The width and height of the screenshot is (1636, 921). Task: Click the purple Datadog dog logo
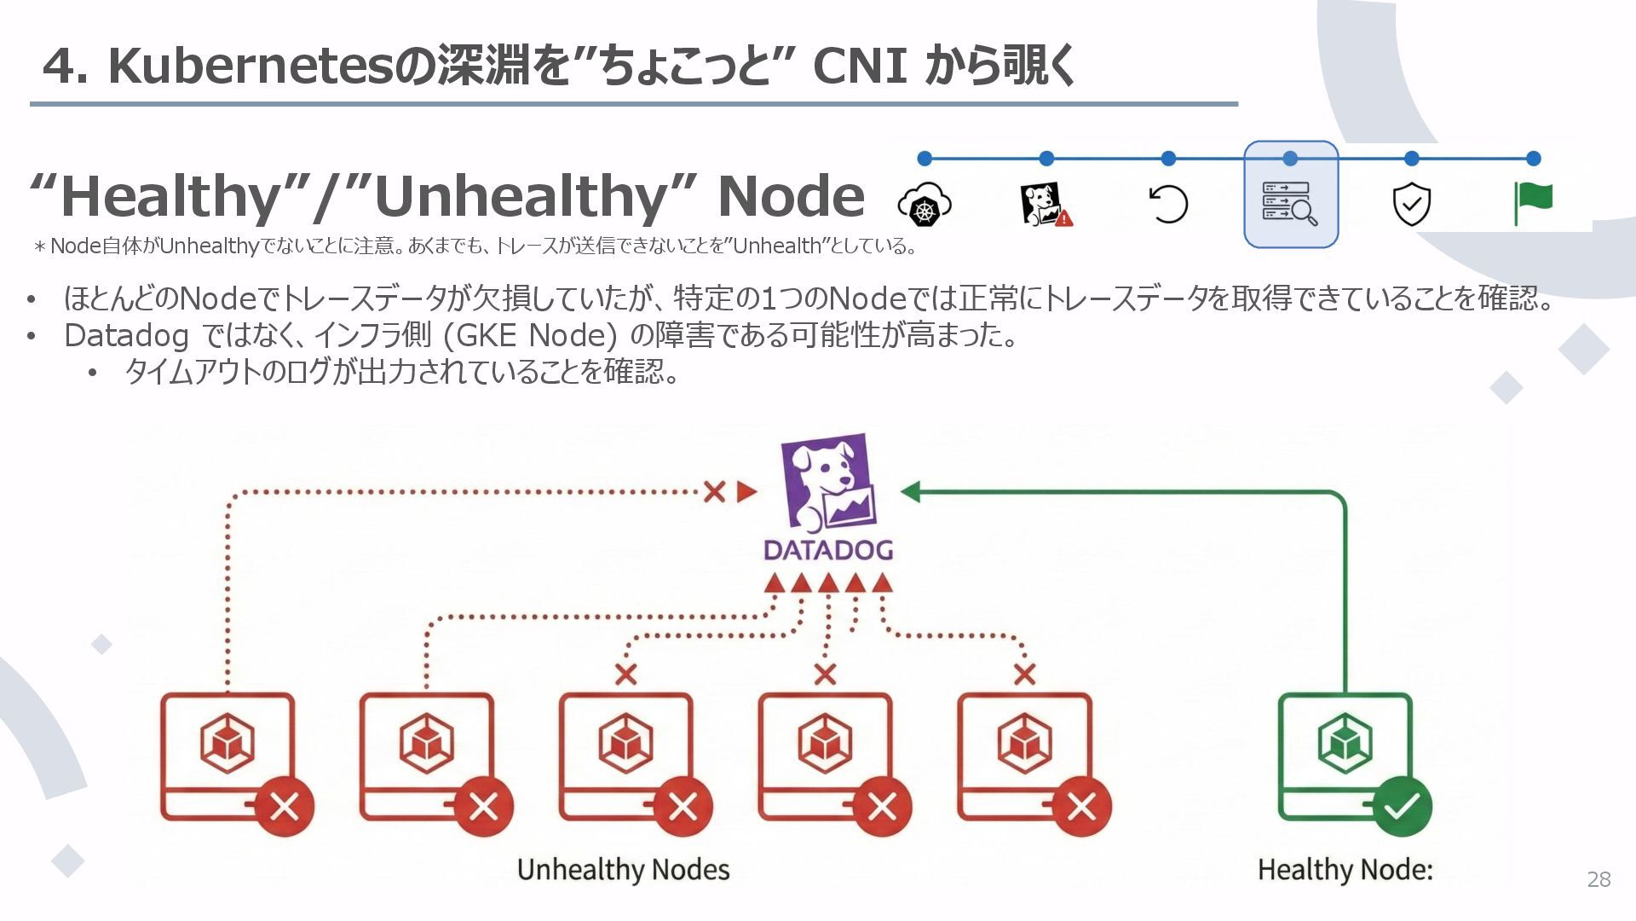tap(827, 482)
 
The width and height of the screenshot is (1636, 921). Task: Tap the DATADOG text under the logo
tap(828, 550)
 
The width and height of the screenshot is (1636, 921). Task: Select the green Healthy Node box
tap(1345, 756)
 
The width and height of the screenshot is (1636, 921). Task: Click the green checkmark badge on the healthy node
tap(1402, 806)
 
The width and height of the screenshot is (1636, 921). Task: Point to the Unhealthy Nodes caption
tap(623, 870)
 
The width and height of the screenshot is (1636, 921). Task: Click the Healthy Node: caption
tap(1345, 870)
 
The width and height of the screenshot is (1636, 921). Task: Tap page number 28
tap(1599, 879)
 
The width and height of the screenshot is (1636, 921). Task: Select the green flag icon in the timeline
tap(1533, 203)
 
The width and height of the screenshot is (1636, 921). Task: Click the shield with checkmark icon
tap(1411, 204)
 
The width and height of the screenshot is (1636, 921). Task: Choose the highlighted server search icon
tap(1290, 203)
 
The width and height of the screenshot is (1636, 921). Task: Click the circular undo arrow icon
tap(1168, 204)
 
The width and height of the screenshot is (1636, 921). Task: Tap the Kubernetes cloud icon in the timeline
tap(925, 205)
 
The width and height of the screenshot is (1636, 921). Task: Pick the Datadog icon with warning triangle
tap(1046, 205)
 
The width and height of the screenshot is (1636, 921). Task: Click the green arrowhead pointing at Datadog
tap(910, 492)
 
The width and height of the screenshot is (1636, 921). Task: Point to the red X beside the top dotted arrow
tap(714, 491)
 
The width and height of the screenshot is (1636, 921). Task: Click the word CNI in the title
tap(859, 66)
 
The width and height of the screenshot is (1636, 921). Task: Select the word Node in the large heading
tap(791, 196)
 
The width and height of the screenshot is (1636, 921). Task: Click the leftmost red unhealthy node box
tap(228, 756)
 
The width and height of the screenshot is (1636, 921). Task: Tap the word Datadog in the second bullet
tap(126, 336)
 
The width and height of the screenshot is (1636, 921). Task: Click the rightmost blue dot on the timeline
tap(1533, 158)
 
